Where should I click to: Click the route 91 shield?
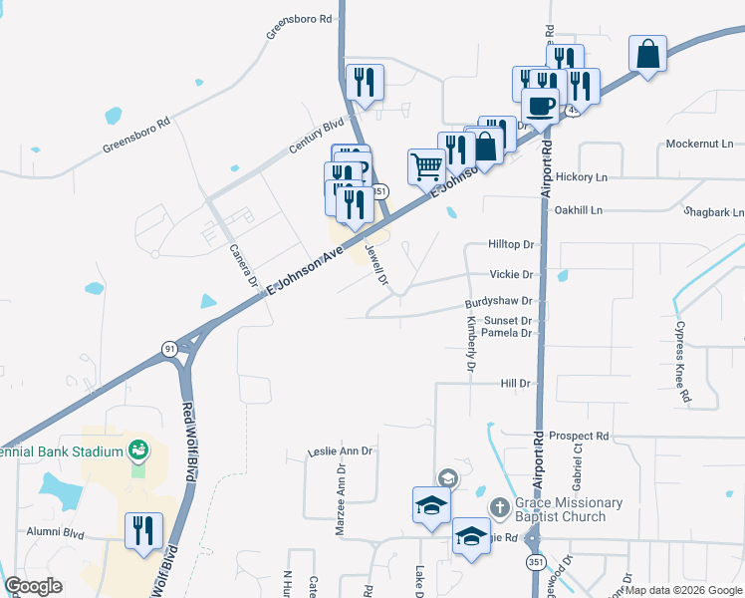coord(170,348)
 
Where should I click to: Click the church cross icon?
coord(499,508)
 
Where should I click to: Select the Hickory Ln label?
coord(609,176)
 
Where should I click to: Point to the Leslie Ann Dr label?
coord(340,451)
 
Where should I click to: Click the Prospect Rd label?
coord(578,437)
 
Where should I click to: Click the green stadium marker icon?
coord(138,450)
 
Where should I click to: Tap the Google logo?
coord(34,586)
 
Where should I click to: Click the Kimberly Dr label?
coord(471,344)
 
